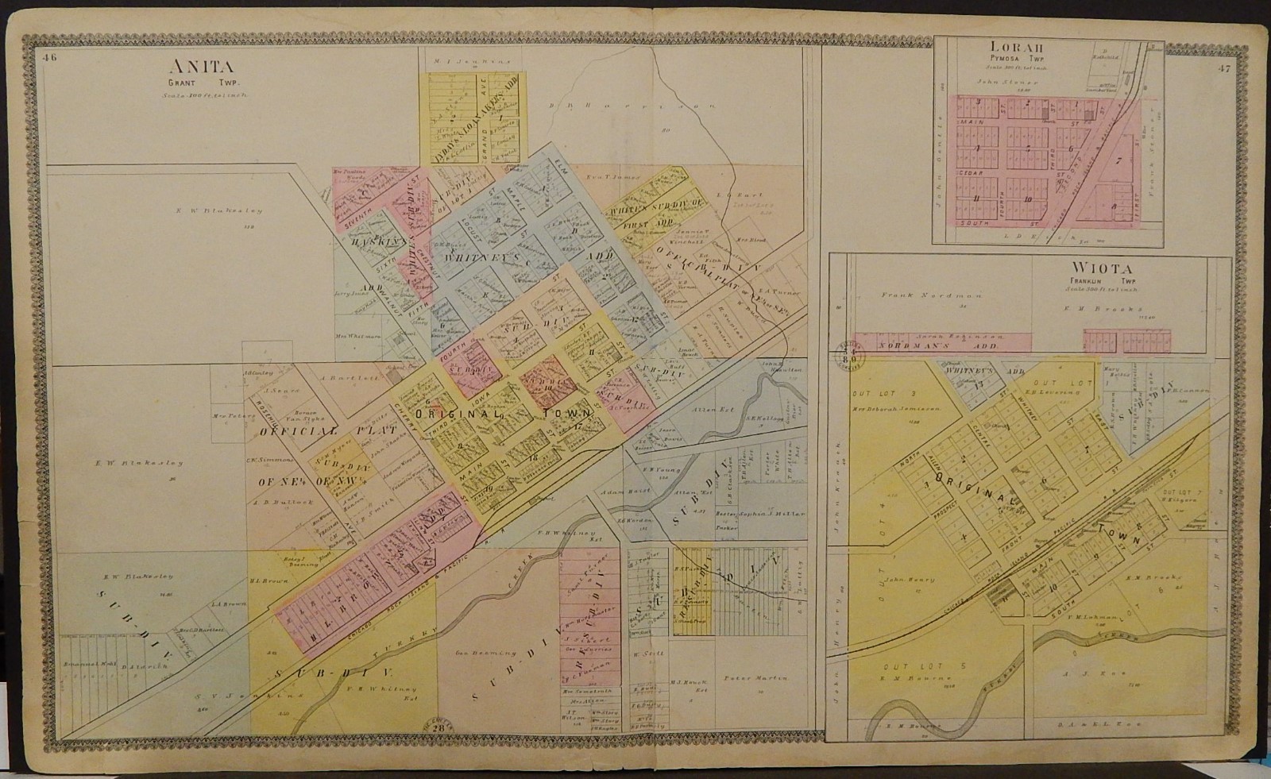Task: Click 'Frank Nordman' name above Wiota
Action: (908, 294)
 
